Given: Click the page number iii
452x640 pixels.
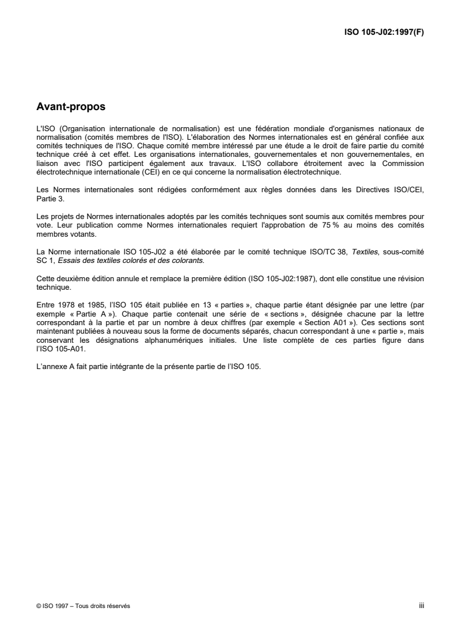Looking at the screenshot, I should click(421, 606).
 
